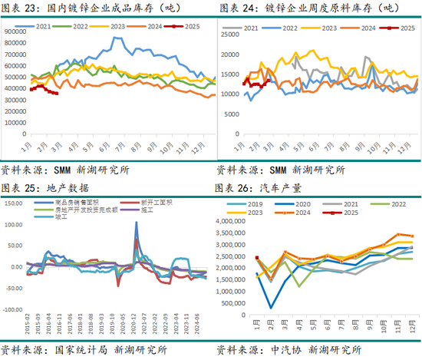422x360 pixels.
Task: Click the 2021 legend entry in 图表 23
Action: pyautogui.click(x=51, y=25)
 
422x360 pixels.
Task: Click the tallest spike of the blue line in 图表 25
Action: pyautogui.click(x=137, y=223)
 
